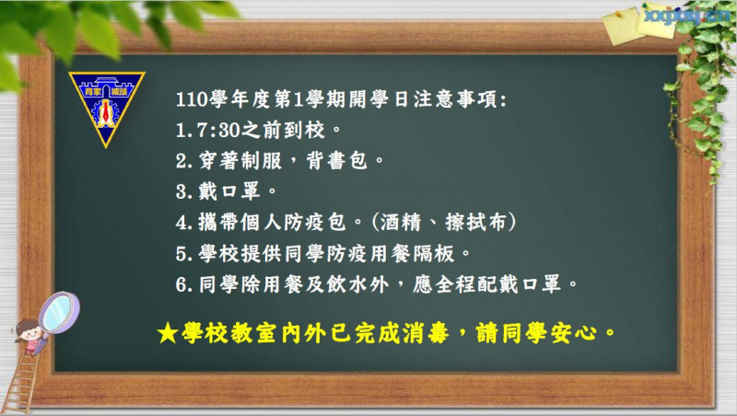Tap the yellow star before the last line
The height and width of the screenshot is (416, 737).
[168, 333]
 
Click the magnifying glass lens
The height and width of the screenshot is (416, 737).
[59, 312]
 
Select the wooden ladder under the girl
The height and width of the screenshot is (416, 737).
[19, 381]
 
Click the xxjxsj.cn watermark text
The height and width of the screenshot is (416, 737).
[686, 16]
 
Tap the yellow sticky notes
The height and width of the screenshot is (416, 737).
[638, 27]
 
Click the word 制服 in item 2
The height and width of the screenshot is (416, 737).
[262, 160]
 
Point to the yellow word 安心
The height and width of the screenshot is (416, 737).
[574, 333]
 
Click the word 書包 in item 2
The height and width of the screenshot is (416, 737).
[347, 160]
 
